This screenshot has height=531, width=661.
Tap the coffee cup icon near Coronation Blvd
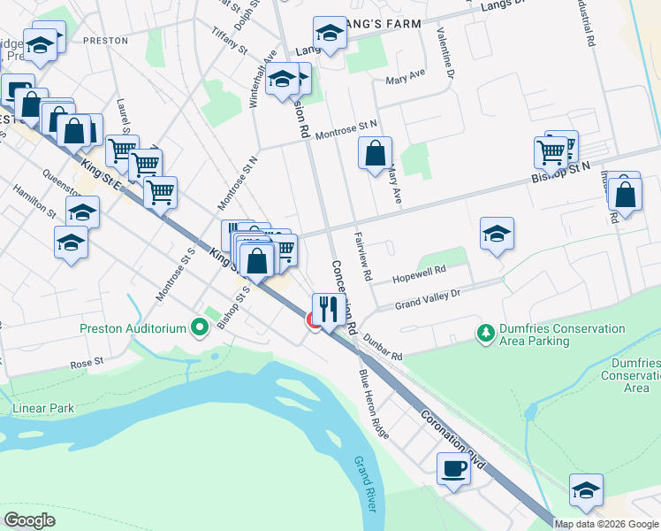(453, 468)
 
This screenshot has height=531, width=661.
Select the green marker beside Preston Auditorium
(200, 328)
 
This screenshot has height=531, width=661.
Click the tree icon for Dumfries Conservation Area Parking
(485, 333)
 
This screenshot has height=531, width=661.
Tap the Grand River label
(365, 484)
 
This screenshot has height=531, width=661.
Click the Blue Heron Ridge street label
(373, 403)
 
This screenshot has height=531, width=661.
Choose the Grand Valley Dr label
(428, 299)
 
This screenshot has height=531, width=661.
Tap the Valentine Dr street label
(444, 54)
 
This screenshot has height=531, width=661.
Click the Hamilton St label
(34, 202)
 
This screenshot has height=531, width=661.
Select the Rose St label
(87, 362)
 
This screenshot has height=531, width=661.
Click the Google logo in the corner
(30, 519)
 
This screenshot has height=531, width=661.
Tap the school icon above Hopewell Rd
(497, 235)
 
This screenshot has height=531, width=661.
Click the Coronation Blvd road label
(453, 437)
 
